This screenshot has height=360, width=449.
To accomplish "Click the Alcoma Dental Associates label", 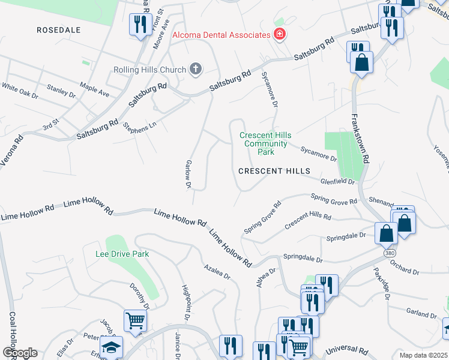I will pyautogui.click(x=221, y=35).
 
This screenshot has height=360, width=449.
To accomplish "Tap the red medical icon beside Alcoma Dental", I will pyautogui.click(x=279, y=34).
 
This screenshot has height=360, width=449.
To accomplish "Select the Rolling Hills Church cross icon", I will pyautogui.click(x=194, y=70).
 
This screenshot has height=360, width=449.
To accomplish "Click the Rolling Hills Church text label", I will pyautogui.click(x=149, y=70).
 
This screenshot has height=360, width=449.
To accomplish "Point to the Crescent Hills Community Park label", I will pyautogui.click(x=265, y=143).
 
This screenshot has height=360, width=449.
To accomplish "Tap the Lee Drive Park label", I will pyautogui.click(x=122, y=254).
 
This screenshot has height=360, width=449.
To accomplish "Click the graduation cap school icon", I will pyautogui.click(x=111, y=347).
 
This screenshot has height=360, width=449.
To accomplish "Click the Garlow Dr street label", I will pyautogui.click(x=188, y=175).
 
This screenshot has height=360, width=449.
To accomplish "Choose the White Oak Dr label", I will pyautogui.click(x=19, y=91).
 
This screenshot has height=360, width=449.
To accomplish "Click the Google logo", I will pyautogui.click(x=19, y=353).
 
